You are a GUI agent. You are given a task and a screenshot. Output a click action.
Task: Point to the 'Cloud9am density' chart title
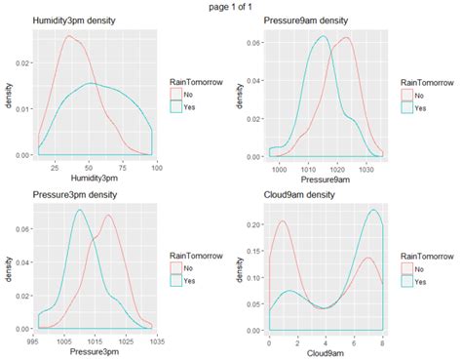[x=302, y=195]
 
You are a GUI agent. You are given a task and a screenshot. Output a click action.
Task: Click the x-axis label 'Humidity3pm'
[x=96, y=179]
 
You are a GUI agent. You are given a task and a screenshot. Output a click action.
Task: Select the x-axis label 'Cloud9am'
[x=325, y=353]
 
